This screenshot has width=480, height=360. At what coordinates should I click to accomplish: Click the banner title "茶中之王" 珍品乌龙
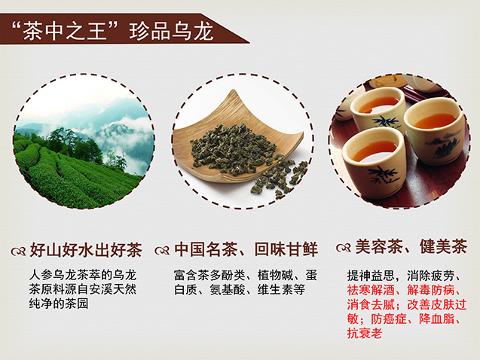[112, 31]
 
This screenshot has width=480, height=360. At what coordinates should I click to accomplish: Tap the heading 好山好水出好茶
[86, 250]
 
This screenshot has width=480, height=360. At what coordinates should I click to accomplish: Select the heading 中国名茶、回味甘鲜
[246, 249]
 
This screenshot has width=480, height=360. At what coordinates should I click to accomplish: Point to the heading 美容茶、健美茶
[411, 246]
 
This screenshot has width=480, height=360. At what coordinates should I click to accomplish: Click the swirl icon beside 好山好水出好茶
[19, 251]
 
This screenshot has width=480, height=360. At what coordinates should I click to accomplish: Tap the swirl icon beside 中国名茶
[162, 251]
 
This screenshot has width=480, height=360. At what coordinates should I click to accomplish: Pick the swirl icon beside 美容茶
[344, 248]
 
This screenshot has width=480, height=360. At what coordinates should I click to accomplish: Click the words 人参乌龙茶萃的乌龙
[83, 275]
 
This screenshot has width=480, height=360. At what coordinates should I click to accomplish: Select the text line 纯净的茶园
[59, 304]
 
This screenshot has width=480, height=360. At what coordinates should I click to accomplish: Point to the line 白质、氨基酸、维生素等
[240, 289]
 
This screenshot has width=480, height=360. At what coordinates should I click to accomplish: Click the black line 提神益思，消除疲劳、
[404, 276]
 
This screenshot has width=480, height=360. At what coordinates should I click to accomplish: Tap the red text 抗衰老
[365, 333]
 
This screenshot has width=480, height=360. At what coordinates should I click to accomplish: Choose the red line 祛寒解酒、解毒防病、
[404, 290]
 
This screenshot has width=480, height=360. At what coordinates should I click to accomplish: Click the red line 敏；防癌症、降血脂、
[404, 319]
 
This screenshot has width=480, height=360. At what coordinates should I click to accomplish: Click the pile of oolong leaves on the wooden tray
[233, 149]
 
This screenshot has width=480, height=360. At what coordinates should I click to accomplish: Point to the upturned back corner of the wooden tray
[234, 92]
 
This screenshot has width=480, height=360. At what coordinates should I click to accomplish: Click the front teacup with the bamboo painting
[374, 163]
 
